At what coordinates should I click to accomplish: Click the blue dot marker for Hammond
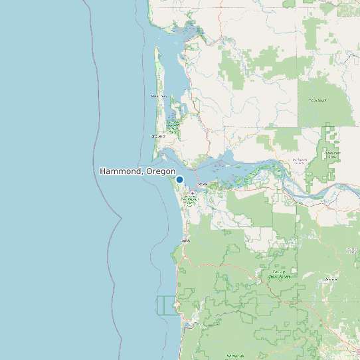tap(179, 179)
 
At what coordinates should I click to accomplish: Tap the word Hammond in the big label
tap(120, 171)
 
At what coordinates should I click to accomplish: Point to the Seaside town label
tap(185, 240)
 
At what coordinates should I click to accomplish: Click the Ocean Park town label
tap(158, 97)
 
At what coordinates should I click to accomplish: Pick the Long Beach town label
tap(157, 137)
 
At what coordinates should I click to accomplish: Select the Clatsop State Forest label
tap(278, 274)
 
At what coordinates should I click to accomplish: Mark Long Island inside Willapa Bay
tap(174, 106)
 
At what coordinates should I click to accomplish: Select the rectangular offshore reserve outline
tap(168, 306)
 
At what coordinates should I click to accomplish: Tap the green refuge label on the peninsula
tap(173, 124)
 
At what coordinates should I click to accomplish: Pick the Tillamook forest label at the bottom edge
tap(234, 356)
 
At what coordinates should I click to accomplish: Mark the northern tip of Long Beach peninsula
tap(157, 48)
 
